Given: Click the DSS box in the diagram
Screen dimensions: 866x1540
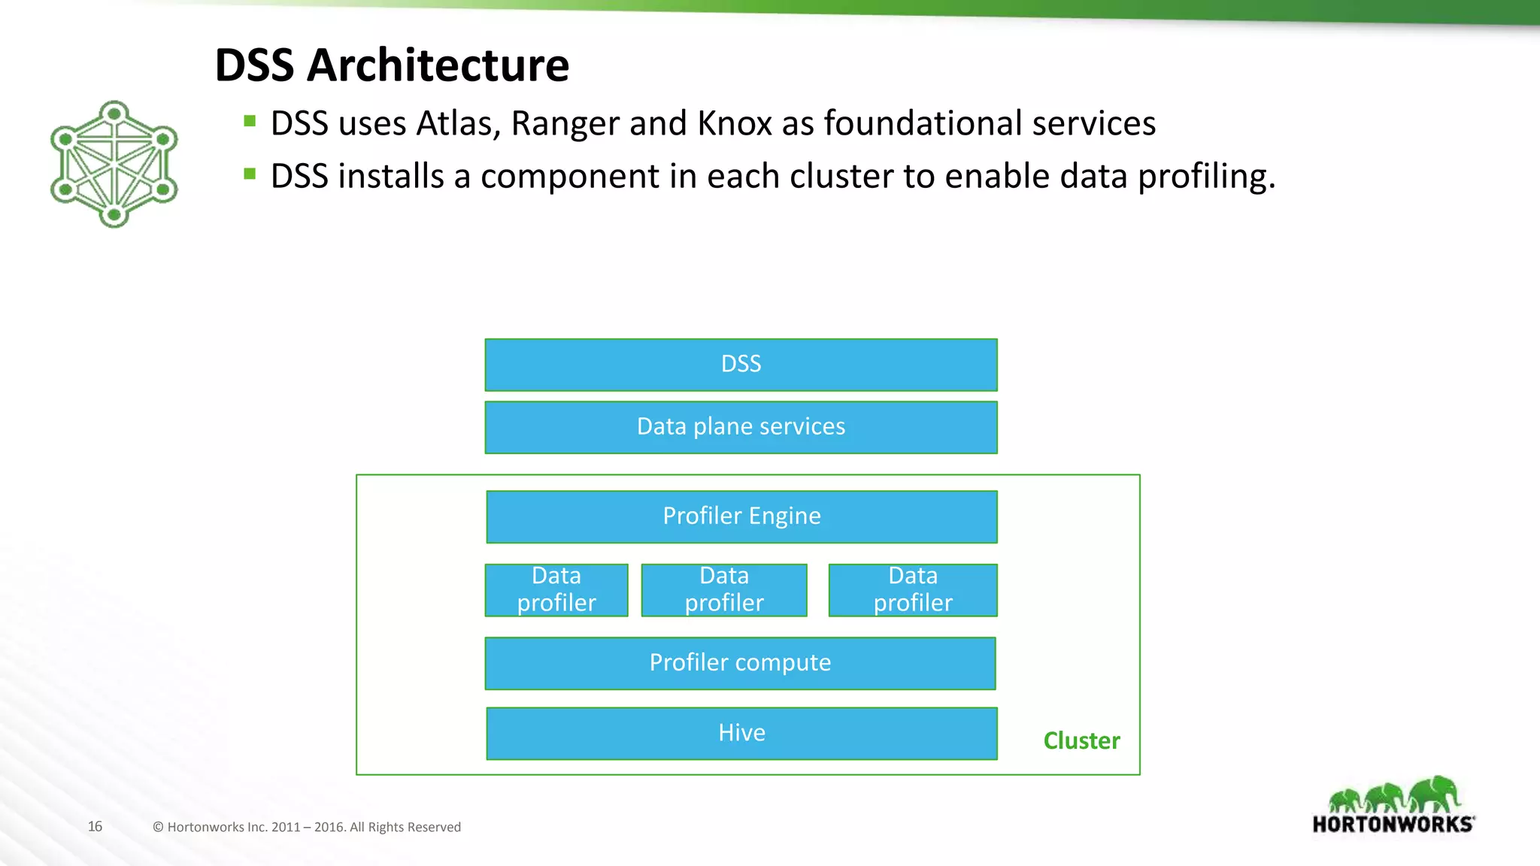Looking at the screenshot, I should click(x=741, y=365).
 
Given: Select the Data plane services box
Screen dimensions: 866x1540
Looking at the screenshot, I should click(x=741, y=427).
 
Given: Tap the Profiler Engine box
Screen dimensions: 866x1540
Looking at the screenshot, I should click(x=741, y=516).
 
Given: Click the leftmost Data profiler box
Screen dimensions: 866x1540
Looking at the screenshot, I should click(x=556, y=590).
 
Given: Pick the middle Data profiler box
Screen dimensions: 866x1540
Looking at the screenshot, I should click(x=724, y=590).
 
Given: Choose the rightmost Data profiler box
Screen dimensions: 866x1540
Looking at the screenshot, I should click(x=913, y=590).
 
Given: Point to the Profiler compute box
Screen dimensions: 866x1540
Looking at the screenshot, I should click(x=740, y=663).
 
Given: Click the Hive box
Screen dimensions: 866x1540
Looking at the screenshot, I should click(x=741, y=733).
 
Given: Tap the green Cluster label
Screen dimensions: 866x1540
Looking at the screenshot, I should click(x=1081, y=740).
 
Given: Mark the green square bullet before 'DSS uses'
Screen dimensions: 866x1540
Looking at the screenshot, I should click(x=250, y=120).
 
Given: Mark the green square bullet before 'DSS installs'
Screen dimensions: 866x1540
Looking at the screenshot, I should click(x=250, y=174).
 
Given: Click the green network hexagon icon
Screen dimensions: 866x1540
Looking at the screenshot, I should click(x=114, y=164).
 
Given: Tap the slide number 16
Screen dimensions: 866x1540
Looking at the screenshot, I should click(x=95, y=826).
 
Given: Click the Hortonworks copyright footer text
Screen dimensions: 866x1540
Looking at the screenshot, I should click(x=307, y=827).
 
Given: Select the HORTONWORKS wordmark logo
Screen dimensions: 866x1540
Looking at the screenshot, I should click(x=1393, y=824).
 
